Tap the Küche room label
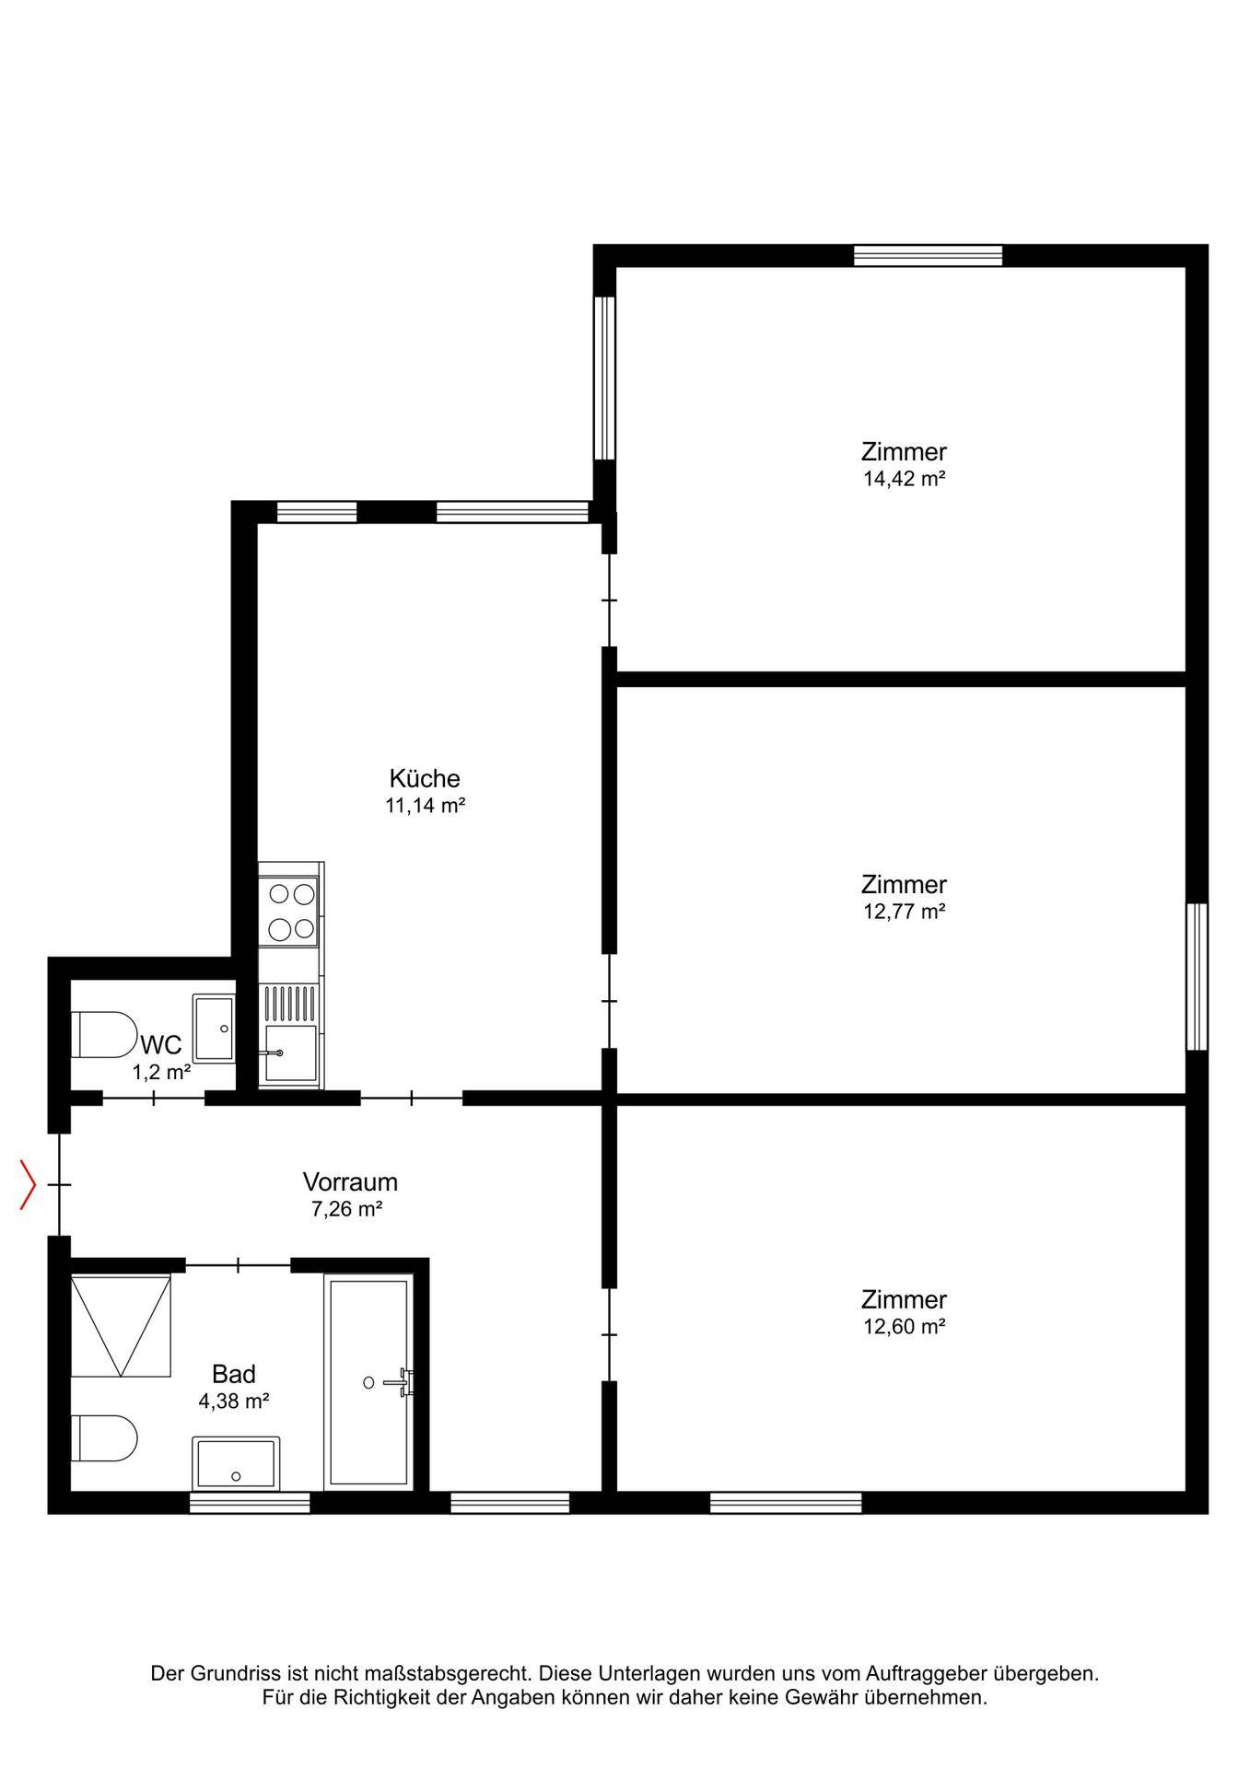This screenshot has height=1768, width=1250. pos(424,778)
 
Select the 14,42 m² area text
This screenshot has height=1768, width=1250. pos(904,479)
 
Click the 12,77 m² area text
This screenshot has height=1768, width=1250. pos(904,912)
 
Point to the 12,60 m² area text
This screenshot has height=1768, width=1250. pos(904,1327)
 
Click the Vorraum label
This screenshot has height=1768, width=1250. pos(350,1181)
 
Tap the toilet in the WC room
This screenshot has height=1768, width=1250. pos(103,1034)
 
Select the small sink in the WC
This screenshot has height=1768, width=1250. pos(214,1027)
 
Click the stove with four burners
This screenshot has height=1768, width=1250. pos(290,911)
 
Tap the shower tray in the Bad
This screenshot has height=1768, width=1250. pos(121,1326)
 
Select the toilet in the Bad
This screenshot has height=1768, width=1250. pos(104,1438)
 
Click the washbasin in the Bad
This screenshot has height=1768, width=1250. pos(236,1462)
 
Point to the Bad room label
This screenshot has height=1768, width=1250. pos(234,1374)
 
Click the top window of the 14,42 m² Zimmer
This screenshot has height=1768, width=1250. pos(928,255)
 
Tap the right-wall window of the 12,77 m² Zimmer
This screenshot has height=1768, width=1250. pos(1197,976)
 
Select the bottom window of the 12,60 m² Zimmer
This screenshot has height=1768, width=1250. pos(786,1503)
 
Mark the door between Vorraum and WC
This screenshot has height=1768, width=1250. pos(153,1098)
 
